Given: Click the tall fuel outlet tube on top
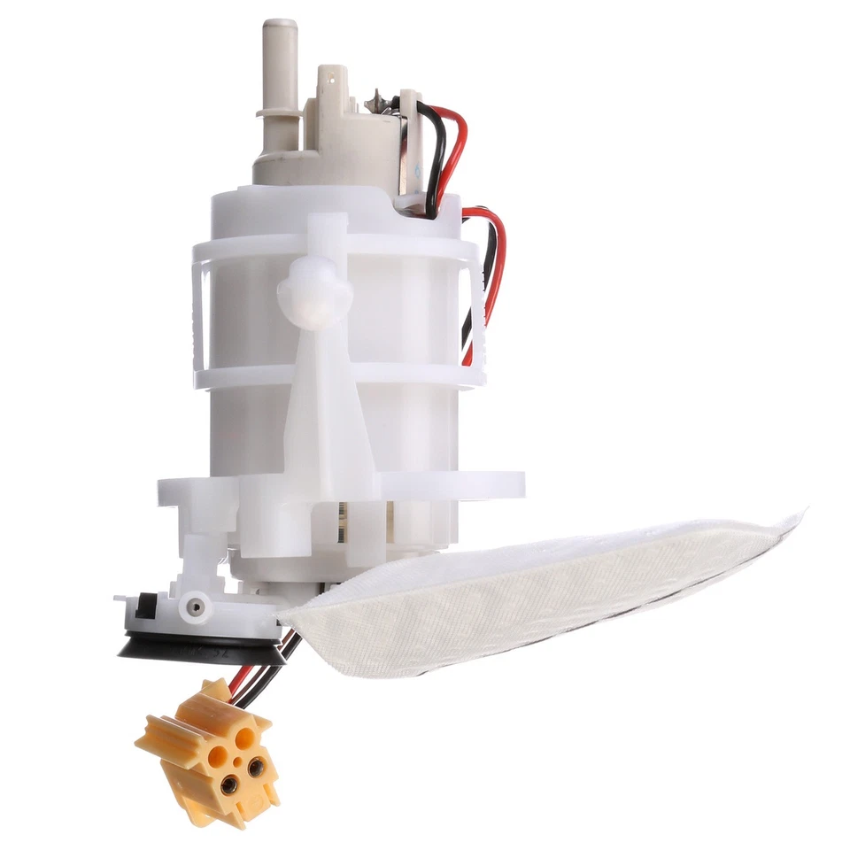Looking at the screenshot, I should pyautogui.click(x=280, y=62).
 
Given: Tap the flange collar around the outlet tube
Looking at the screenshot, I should pyautogui.click(x=278, y=112).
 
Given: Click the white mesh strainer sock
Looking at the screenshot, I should pyautogui.click(x=531, y=593).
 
